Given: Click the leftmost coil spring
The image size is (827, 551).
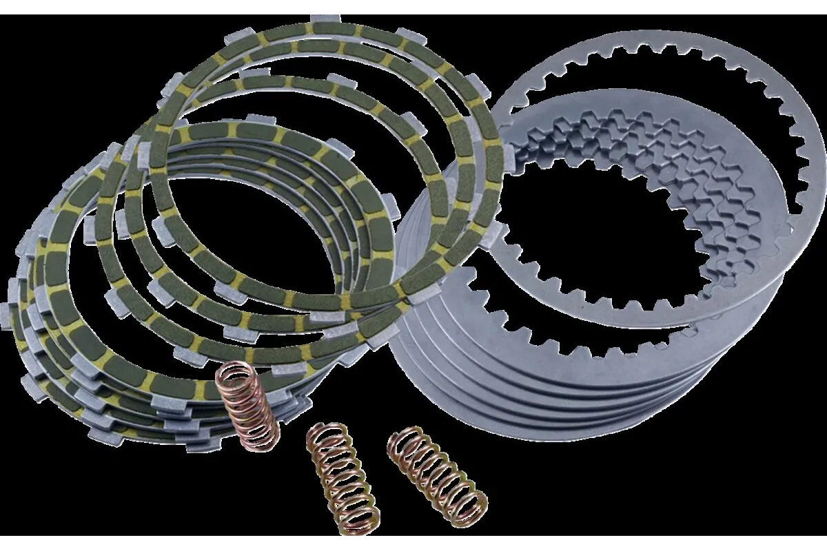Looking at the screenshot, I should point(248,406).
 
